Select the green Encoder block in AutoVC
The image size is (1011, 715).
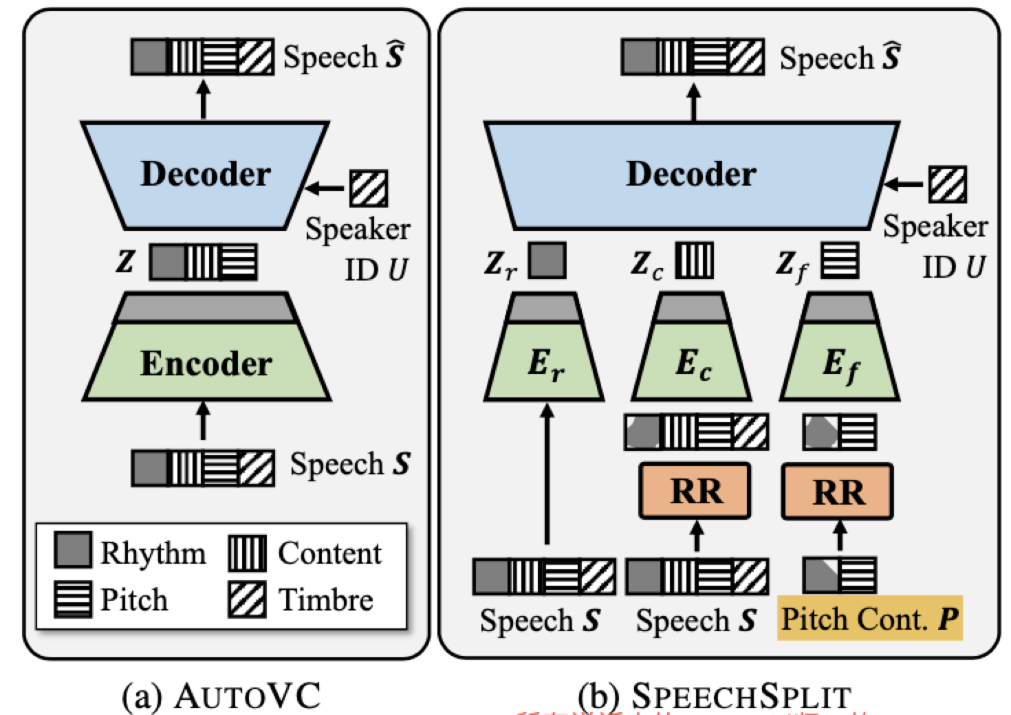click(206, 362)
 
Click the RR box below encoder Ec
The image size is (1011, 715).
click(695, 491)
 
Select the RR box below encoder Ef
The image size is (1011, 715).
click(838, 491)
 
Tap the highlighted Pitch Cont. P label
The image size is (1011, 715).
click(869, 619)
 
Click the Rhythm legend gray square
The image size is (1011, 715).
click(72, 551)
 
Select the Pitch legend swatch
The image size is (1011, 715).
click(72, 599)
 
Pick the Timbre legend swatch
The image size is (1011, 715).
click(247, 599)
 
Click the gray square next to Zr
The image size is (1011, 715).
click(547, 261)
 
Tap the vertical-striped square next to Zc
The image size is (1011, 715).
click(694, 261)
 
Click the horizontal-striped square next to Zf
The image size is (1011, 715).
click(840, 261)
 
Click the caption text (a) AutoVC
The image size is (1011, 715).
click(221, 696)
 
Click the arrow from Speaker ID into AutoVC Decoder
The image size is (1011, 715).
click(326, 186)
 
